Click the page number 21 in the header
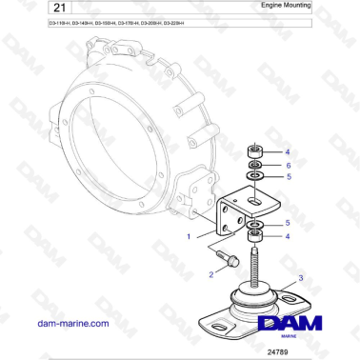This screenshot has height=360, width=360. (31, 8)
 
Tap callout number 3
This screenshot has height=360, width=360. (301, 278)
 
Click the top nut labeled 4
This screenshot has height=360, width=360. (254, 150)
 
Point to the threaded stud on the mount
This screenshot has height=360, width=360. (255, 266)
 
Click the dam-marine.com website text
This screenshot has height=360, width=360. (72, 323)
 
